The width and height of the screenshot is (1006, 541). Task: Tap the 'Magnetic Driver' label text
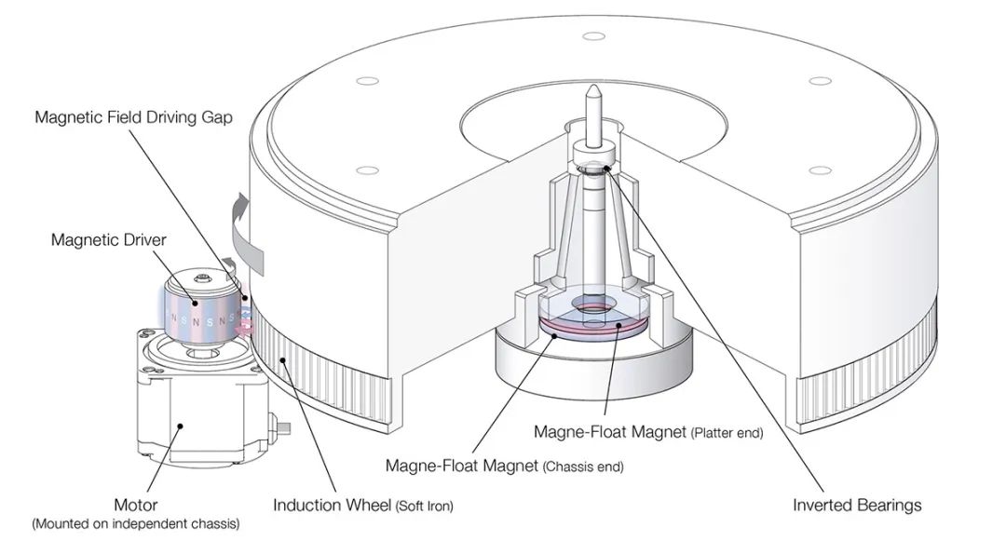pos(109,240)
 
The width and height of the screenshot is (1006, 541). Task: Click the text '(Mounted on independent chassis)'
pos(135,524)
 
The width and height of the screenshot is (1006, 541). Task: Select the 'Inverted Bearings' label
pos(857,505)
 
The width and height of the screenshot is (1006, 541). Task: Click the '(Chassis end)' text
pos(583,466)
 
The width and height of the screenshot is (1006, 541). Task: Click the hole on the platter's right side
pos(821,170)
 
